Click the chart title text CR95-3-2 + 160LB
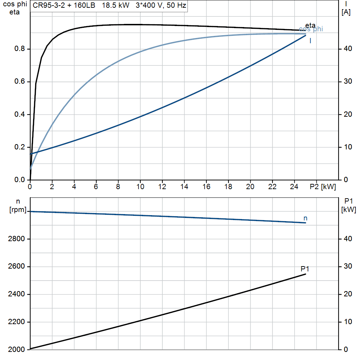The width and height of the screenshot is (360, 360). click(x=64, y=5)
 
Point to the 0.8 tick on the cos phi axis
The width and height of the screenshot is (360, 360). click(x=19, y=49)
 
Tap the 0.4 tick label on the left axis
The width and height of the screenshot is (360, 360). click(x=19, y=114)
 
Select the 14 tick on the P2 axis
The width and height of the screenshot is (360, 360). click(x=184, y=187)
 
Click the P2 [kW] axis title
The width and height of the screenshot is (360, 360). click(x=323, y=187)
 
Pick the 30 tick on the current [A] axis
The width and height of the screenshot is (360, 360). click(x=348, y=82)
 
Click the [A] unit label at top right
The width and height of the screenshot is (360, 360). click(x=346, y=12)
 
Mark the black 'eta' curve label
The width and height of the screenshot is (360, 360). click(x=310, y=25)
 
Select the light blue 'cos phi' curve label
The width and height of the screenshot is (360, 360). click(x=311, y=29)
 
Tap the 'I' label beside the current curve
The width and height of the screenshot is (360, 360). click(x=310, y=41)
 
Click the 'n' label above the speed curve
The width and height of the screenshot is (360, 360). click(x=306, y=218)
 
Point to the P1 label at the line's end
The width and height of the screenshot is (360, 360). click(x=305, y=269)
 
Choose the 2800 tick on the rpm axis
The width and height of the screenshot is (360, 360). click(x=16, y=239)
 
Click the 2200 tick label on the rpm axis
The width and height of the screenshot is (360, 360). click(x=16, y=322)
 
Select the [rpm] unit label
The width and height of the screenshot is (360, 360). click(x=18, y=210)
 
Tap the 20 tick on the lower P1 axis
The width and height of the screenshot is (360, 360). click(x=348, y=294)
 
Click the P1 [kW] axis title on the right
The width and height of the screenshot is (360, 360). click(x=348, y=205)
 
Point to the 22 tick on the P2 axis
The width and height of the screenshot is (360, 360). click(x=272, y=187)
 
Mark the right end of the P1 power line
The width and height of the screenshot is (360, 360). click(x=306, y=274)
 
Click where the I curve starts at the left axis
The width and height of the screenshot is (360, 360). click(x=31, y=154)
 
